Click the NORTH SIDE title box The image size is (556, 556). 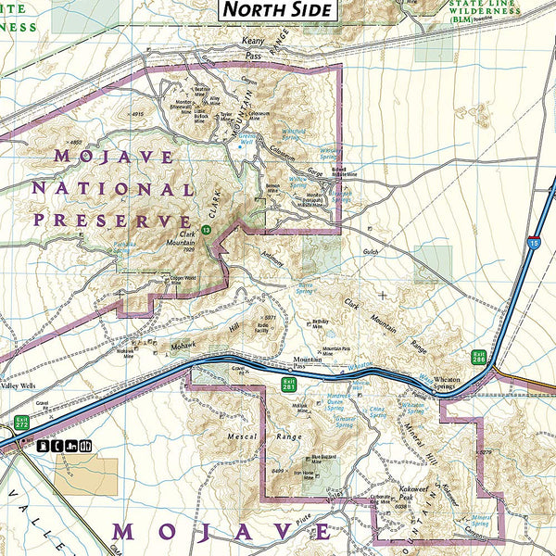tap(275, 11)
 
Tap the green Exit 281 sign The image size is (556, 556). tap(289, 384)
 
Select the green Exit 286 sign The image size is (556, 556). tap(479, 357)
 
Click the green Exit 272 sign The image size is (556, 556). tap(20, 423)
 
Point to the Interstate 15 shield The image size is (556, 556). tap(533, 243)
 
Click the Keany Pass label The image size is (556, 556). tap(253, 48)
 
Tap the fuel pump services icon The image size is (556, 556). tap(43, 446)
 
